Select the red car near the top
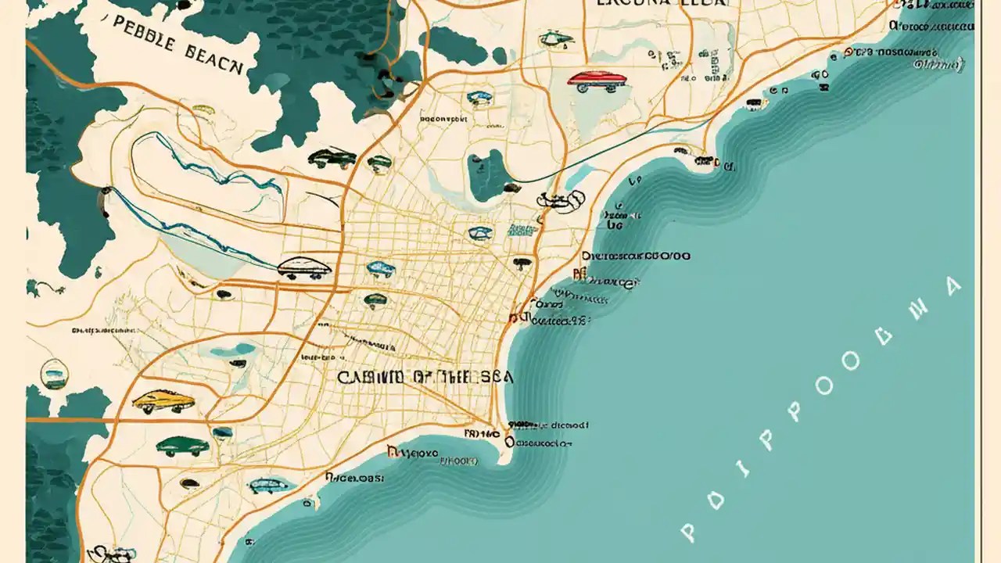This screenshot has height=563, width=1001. (x=597, y=79)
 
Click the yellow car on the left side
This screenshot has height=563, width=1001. (x=163, y=401)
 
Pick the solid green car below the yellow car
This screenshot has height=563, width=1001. (x=182, y=446)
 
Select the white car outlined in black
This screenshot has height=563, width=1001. (x=304, y=269)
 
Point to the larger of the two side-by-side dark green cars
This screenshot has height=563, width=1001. (x=332, y=158)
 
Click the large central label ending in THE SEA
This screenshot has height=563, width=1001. (x=425, y=377)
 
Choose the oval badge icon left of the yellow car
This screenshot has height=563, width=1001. (x=53, y=374)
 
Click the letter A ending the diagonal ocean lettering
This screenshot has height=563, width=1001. (x=952, y=285)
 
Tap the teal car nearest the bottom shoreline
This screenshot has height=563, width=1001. (x=271, y=485)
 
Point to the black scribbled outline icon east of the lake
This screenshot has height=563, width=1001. (x=560, y=200)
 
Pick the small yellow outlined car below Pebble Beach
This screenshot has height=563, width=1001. (x=202, y=110)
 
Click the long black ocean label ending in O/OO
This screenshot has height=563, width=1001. (x=636, y=256)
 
